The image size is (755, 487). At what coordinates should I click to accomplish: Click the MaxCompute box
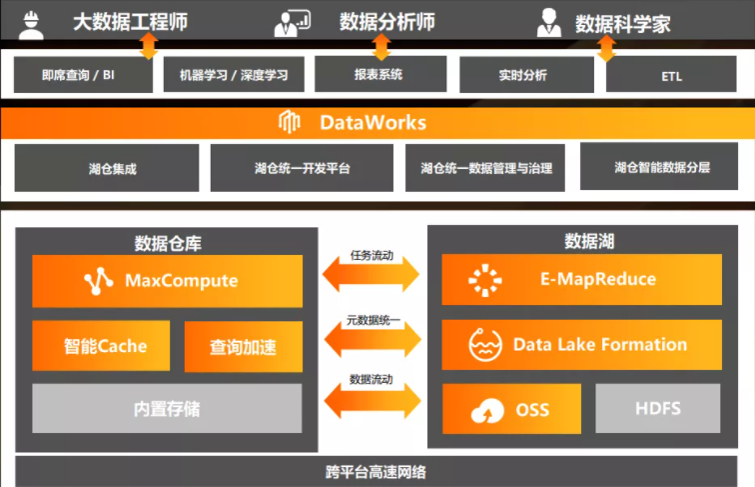coord(167,281)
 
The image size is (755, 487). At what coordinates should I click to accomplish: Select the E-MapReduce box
coord(581,280)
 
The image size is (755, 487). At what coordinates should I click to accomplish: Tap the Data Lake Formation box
coord(581,345)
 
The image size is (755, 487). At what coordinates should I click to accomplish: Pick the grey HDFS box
coord(658,409)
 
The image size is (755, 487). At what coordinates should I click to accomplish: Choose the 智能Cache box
coord(101,346)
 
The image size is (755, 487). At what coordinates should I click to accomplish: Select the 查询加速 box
coord(243,347)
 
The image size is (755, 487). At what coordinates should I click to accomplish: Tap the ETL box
coord(671,75)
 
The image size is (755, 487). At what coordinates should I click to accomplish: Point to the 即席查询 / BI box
coord(84,74)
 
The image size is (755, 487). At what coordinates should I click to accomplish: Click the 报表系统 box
coord(377,74)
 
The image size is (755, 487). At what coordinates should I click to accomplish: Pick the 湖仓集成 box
coord(106,168)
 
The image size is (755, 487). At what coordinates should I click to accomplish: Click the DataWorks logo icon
coord(291,123)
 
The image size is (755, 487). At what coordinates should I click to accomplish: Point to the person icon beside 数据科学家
coord(548,22)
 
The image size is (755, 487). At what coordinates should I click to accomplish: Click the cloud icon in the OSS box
coord(486,410)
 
